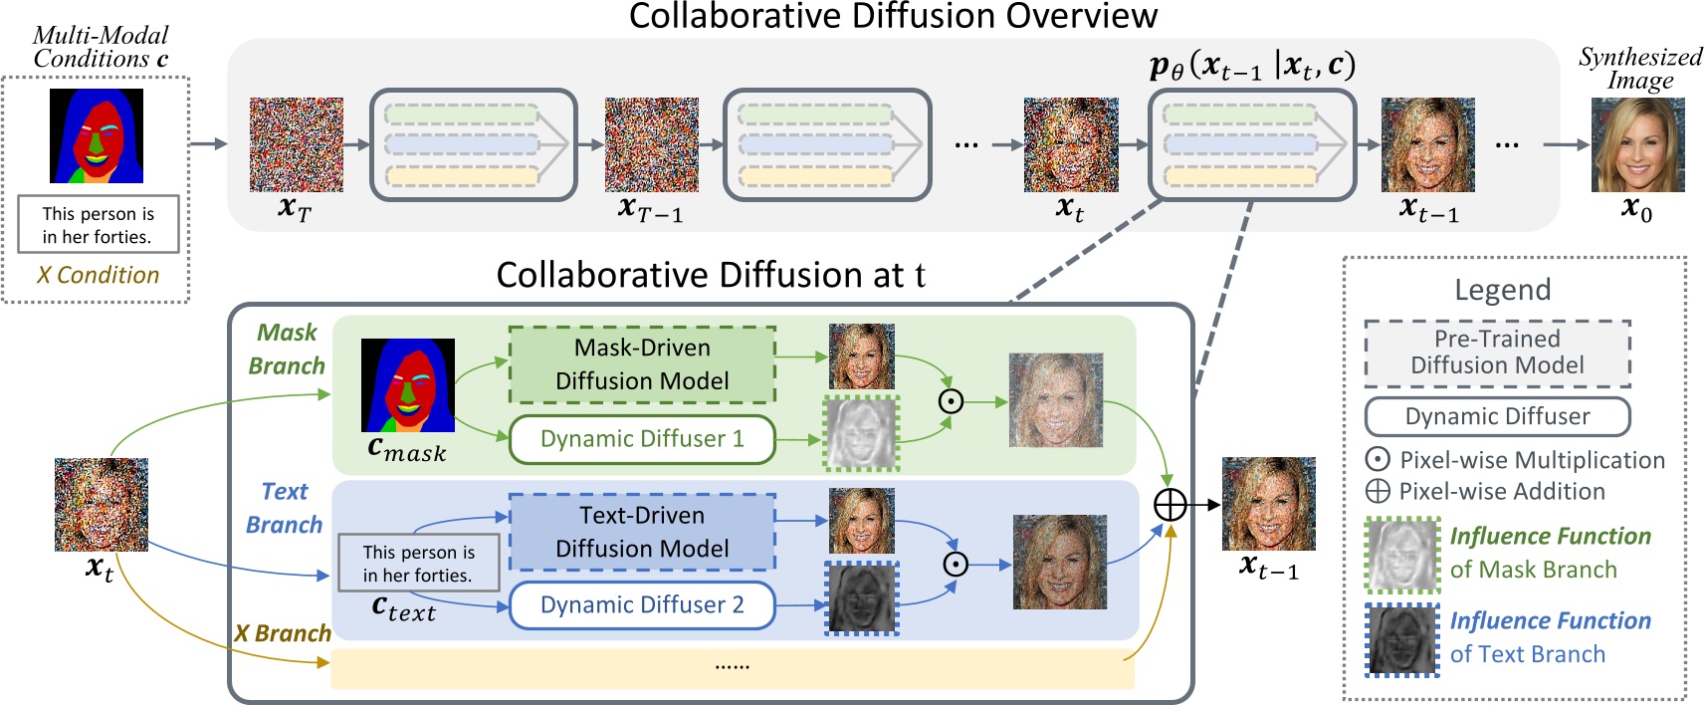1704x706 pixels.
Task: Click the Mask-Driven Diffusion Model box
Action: tap(642, 364)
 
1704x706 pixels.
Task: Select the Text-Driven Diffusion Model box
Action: tap(642, 532)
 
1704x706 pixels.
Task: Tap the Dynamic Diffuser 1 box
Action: tap(642, 439)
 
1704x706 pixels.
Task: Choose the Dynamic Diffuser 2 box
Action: tap(642, 605)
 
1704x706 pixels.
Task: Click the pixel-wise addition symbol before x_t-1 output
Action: tap(1171, 505)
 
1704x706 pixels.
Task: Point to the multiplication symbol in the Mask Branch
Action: tap(952, 401)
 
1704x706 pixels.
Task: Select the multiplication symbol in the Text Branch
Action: tap(956, 565)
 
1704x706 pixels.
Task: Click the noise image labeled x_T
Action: tap(297, 144)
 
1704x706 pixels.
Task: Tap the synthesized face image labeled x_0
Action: tap(1637, 145)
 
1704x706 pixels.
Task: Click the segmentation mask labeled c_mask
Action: tap(408, 384)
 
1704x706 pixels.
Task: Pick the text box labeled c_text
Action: tap(418, 564)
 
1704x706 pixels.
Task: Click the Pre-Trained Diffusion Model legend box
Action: tap(1497, 353)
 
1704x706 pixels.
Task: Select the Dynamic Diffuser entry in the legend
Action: tap(1497, 416)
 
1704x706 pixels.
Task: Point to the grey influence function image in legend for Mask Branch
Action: tap(1402, 555)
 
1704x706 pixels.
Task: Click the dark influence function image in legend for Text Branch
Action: tap(1402, 640)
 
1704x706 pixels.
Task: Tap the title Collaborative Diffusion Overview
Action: tap(893, 17)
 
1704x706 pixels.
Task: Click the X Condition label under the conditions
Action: tap(98, 275)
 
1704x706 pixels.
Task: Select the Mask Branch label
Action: tap(287, 349)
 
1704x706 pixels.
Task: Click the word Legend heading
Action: tap(1502, 290)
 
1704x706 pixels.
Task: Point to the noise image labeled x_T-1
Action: tap(652, 144)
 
